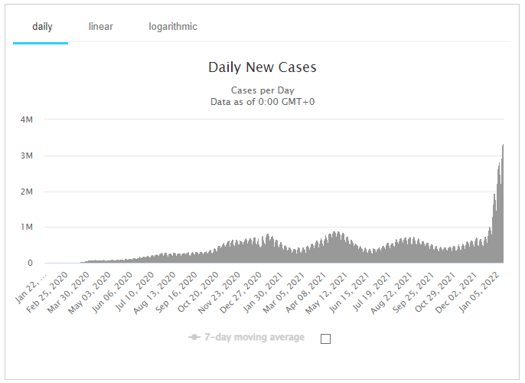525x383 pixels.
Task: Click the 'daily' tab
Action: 42,27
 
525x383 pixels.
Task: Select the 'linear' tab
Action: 101,27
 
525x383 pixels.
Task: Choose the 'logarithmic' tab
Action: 173,27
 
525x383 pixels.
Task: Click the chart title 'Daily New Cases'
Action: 262,67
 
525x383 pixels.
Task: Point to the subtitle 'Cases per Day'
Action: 262,90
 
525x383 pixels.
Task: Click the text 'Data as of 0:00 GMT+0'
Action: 262,101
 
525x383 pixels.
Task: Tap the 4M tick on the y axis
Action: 26,119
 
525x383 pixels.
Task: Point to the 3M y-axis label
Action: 26,155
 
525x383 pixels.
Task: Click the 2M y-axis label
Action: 26,191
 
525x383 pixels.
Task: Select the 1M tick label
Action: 26,228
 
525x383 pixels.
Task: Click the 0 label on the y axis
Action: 30,264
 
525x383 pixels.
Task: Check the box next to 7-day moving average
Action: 325,339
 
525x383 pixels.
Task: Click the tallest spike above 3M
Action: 502,147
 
